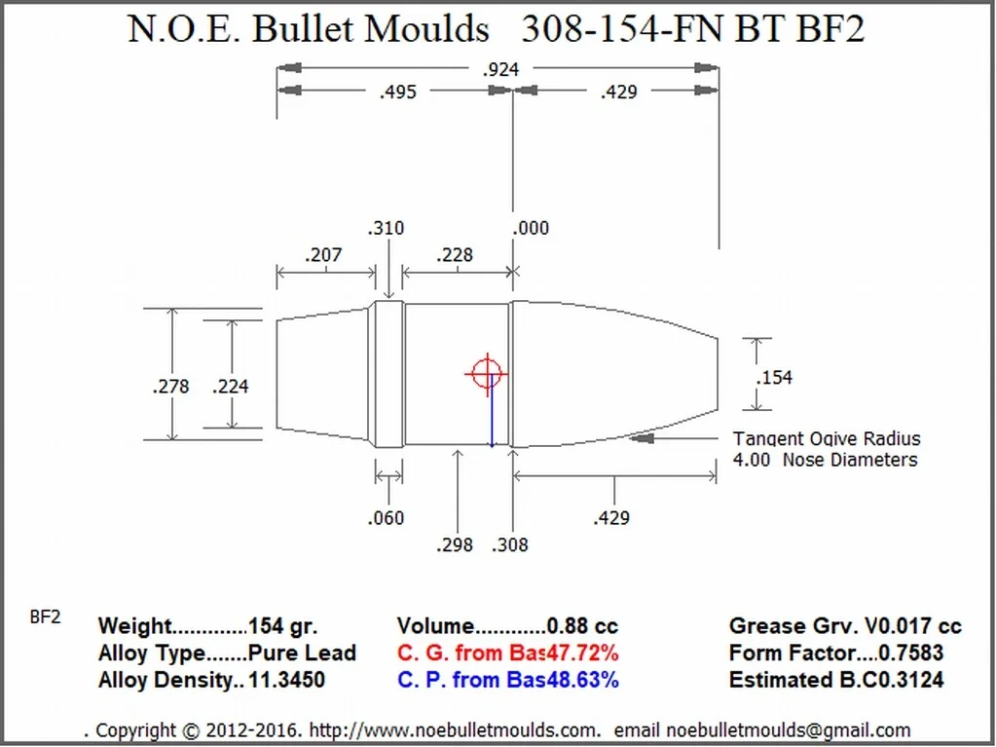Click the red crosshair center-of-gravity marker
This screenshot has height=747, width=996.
point(486,373)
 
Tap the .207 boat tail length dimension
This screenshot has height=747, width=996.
point(323,256)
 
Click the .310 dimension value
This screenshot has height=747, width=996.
point(386,229)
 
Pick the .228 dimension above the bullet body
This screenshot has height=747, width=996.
point(455,255)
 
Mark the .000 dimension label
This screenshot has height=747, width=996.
point(532,229)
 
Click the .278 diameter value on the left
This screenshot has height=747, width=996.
point(171,387)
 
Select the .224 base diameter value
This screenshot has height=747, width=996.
point(231,387)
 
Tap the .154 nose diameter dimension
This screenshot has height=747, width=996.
point(775,378)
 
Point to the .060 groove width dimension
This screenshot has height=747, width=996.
point(386,518)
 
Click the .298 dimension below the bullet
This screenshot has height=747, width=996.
point(455,544)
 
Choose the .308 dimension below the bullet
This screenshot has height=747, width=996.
point(510,544)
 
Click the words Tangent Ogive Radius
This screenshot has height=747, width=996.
point(827,439)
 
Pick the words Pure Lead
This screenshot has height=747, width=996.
point(302,654)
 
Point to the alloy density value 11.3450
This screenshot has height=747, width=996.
point(286,680)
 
